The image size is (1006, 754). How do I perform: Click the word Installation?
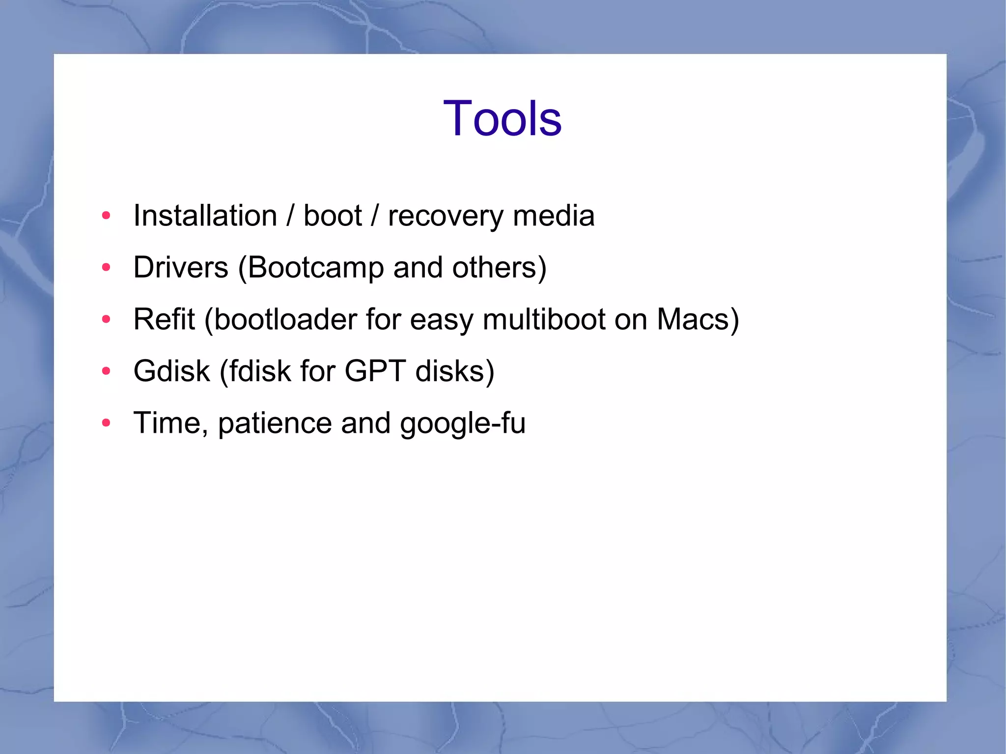click(x=205, y=216)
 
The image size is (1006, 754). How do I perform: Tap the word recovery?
click(x=446, y=217)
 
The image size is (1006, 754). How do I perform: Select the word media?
click(x=554, y=216)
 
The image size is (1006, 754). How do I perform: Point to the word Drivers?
click(x=181, y=268)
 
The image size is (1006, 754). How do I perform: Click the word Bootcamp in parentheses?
click(x=315, y=268)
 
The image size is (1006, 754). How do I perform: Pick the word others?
click(x=495, y=268)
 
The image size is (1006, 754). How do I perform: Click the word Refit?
click(x=164, y=319)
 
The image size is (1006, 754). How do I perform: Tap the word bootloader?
click(x=285, y=319)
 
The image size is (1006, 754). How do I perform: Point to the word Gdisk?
click(x=171, y=371)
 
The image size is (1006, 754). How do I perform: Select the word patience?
click(x=275, y=423)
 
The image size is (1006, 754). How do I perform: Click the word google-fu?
click(x=463, y=423)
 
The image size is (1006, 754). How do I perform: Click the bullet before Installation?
click(x=106, y=216)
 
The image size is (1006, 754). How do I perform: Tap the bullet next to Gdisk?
click(x=106, y=371)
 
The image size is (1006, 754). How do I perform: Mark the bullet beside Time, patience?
click(x=106, y=422)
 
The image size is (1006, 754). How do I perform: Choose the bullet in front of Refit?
click(x=106, y=319)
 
